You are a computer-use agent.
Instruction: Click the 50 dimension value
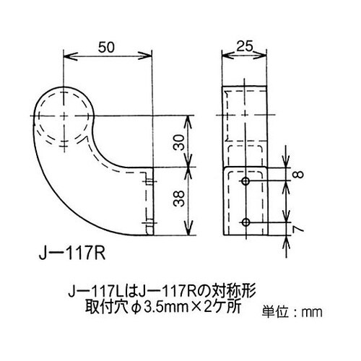[x=107, y=48]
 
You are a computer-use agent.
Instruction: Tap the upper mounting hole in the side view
[x=246, y=178]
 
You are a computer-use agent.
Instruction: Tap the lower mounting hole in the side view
[x=246, y=220]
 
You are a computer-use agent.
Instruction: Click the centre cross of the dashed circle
[x=64, y=116]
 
